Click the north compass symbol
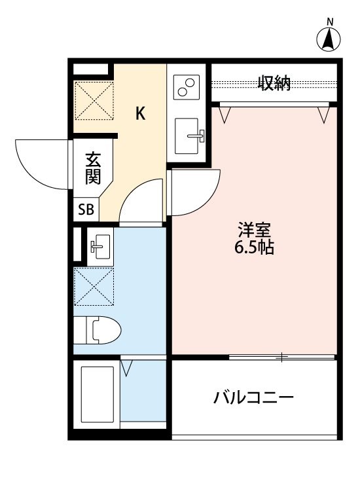tap(330, 39)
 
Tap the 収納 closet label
tap(274, 83)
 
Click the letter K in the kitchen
tap(140, 114)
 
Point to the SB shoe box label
tap(86, 209)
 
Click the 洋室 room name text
tap(250, 231)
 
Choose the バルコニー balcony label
tap(254, 397)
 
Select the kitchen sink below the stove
tap(190, 135)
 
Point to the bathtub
tap(96, 395)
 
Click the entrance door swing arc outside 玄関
tap(41, 164)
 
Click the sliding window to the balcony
tap(281, 357)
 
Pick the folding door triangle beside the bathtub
tap(126, 369)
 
